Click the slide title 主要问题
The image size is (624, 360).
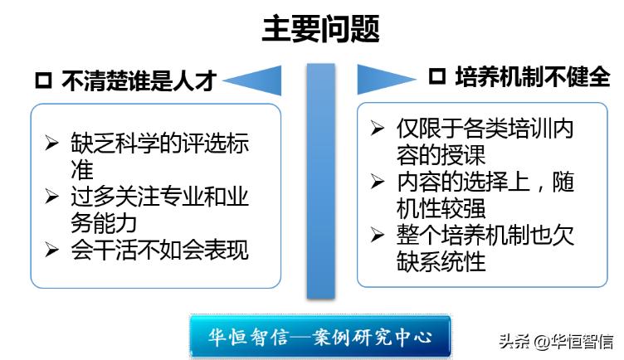(x=321, y=30)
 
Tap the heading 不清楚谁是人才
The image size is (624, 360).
(x=139, y=80)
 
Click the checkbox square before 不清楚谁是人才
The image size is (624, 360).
(x=43, y=81)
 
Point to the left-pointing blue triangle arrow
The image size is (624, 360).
(x=253, y=80)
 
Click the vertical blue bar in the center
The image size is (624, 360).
(x=320, y=179)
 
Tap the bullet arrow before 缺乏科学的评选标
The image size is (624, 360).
(x=52, y=142)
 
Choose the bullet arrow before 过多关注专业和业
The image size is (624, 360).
(x=52, y=196)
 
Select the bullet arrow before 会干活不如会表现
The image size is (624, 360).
(x=52, y=250)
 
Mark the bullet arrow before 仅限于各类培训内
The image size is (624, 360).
(x=378, y=129)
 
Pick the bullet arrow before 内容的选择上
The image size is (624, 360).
(x=378, y=182)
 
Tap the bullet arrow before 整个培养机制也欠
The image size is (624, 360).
(x=378, y=235)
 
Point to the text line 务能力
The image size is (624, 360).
(x=103, y=222)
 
